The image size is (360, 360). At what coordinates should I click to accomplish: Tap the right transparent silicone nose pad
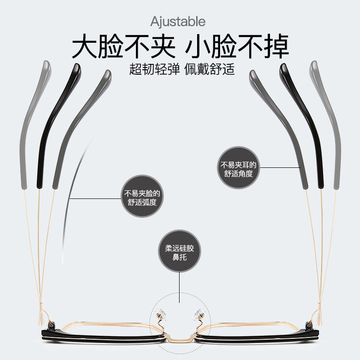click(198, 314)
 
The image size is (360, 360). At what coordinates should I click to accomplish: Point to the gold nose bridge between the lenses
click(180, 336)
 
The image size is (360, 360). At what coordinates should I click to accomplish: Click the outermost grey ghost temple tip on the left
click(34, 121)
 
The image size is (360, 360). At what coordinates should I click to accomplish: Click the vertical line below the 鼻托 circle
click(180, 283)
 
